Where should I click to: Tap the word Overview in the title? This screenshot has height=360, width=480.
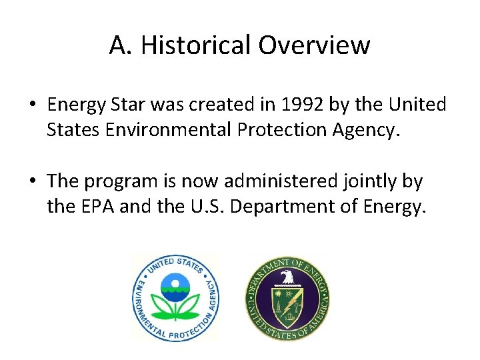pos(314,45)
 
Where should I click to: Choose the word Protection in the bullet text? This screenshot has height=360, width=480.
pos(277,129)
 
